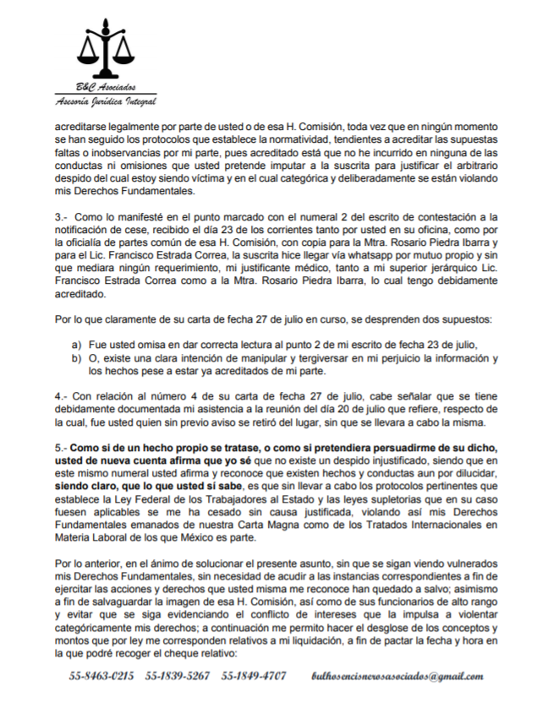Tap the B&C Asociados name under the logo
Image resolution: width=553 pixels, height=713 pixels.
(x=106, y=89)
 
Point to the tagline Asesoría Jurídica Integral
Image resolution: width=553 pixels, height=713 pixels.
(x=105, y=102)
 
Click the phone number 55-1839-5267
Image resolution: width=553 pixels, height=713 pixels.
(x=178, y=677)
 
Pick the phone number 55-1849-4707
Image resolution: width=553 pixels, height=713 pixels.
(x=254, y=677)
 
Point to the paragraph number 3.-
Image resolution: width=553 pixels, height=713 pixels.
(x=61, y=218)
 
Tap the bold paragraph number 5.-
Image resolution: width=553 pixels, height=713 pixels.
(x=61, y=447)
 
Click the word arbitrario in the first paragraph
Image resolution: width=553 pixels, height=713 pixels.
(x=477, y=166)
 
